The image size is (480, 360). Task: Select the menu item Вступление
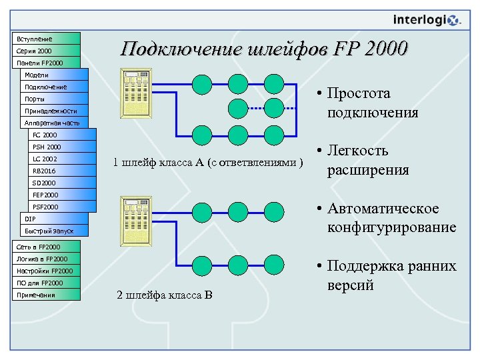click(45, 39)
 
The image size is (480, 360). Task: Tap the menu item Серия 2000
click(45, 51)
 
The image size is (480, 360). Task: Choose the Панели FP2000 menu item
click(45, 63)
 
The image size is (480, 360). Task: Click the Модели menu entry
click(53, 75)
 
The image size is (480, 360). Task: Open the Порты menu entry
click(53, 99)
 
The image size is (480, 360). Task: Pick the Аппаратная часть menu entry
click(53, 123)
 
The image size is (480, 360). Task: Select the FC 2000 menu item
click(61, 135)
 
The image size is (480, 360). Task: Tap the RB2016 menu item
click(61, 171)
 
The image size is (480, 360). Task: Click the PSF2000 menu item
click(61, 207)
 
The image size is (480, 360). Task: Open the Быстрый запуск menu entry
click(53, 231)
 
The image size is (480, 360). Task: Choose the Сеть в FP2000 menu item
click(45, 247)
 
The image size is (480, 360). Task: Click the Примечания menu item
click(45, 295)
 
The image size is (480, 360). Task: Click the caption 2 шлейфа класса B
click(164, 295)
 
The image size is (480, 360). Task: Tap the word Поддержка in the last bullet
click(363, 267)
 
